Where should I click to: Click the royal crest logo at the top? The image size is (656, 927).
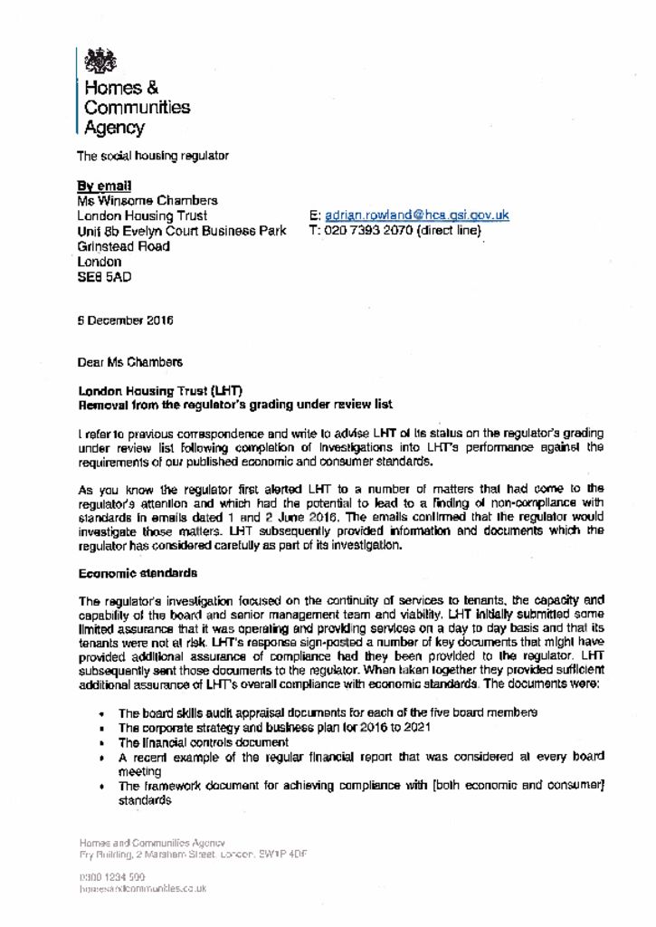pyautogui.click(x=100, y=61)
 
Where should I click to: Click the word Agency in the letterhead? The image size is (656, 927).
pyautogui.click(x=114, y=128)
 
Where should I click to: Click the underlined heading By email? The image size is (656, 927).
pyautogui.click(x=104, y=185)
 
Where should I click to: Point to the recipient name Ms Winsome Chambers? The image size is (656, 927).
pyautogui.click(x=147, y=200)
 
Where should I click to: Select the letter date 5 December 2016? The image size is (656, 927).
pyautogui.click(x=126, y=320)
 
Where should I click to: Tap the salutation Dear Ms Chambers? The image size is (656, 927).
pyautogui.click(x=130, y=362)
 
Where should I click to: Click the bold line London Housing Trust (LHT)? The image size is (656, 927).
pyautogui.click(x=160, y=389)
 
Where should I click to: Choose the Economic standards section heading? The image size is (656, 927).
pyautogui.click(x=138, y=573)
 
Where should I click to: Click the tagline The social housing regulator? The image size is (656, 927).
pyautogui.click(x=153, y=156)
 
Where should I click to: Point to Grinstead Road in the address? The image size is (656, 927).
pyautogui.click(x=124, y=246)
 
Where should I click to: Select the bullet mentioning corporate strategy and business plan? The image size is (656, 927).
pyautogui.click(x=275, y=728)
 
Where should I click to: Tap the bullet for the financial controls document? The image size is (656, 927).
pyautogui.click(x=204, y=742)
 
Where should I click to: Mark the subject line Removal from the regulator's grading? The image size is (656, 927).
pyautogui.click(x=235, y=404)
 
